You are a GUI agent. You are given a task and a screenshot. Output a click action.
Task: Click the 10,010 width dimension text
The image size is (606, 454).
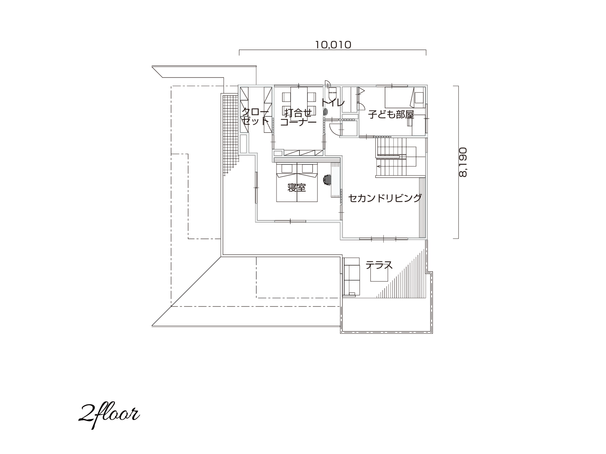tap(333, 45)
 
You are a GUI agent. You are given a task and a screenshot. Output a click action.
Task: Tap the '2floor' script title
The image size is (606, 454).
tap(109, 416)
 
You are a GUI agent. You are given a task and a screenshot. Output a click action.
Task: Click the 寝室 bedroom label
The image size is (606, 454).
tap(297, 188)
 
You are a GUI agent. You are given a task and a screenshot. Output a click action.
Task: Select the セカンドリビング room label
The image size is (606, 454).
tap(385, 198)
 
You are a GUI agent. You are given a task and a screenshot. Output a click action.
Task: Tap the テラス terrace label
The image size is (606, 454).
tap(379, 265)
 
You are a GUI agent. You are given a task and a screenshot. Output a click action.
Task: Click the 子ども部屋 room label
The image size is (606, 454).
tap(391, 114)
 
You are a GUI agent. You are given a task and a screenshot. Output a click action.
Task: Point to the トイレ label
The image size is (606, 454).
tap(333, 103)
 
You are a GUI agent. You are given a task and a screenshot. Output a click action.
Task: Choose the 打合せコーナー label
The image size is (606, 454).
tap(298, 117)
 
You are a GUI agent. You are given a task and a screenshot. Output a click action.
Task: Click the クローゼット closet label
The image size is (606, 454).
tap(255, 117)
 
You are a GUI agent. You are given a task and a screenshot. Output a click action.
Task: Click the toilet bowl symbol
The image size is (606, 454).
tap(325, 112)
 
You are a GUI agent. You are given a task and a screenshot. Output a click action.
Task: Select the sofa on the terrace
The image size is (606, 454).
tap(351, 277)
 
